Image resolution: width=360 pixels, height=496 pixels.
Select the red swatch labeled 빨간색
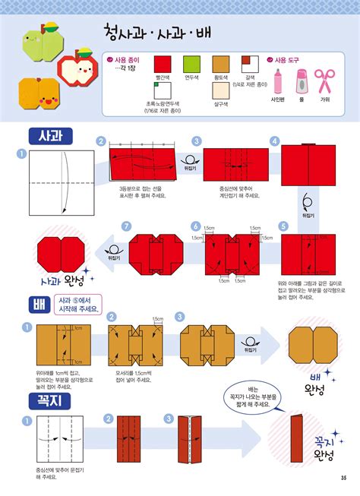165,66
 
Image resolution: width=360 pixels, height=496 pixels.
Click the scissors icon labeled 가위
324,80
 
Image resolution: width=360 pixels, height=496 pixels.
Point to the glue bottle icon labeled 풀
302,81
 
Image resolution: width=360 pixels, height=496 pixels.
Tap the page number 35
343,477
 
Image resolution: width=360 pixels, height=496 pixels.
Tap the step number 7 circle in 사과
127,225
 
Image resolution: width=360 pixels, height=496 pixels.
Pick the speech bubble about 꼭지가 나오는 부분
257,394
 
